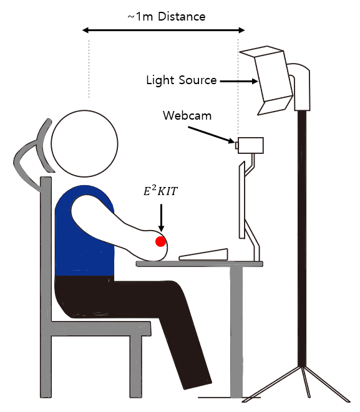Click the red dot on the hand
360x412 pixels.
coord(160,241)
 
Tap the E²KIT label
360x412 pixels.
coord(161,191)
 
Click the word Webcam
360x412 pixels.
coord(187,115)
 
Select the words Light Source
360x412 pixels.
coord(181,80)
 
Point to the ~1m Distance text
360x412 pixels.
coord(166,17)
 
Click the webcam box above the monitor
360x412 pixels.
coord(250,145)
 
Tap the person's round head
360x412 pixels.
coord(84,143)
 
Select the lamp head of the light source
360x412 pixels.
coord(268,79)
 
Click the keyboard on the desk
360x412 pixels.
coord(203,255)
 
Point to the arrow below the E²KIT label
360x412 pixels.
coord(161,218)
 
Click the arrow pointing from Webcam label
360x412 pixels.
coord(211,135)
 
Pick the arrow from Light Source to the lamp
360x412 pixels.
coord(239,81)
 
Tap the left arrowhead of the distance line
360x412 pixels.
coord(85,30)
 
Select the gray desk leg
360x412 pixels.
coord(236,332)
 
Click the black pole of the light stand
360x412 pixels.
coord(302,238)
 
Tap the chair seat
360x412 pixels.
coord(101,328)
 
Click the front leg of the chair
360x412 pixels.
coord(136,366)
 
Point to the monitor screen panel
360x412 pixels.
coord(242,200)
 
